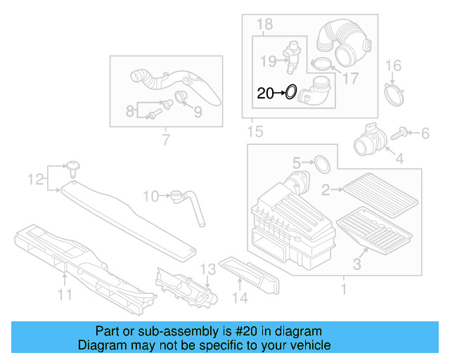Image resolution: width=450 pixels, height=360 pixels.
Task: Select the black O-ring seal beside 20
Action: (x=290, y=92)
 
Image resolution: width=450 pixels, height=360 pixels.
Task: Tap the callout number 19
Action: (x=266, y=61)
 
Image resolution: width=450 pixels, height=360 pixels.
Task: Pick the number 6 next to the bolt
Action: (x=425, y=133)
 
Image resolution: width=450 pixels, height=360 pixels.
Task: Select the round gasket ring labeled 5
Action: (x=322, y=164)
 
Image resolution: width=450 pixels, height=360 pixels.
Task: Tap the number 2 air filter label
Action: (x=326, y=189)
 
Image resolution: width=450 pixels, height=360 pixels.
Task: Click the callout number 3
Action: (x=356, y=265)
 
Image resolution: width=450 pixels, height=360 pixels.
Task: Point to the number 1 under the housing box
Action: (x=343, y=289)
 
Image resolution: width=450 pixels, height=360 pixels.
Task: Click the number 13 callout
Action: (x=207, y=269)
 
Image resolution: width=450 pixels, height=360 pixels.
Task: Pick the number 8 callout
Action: (x=129, y=111)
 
